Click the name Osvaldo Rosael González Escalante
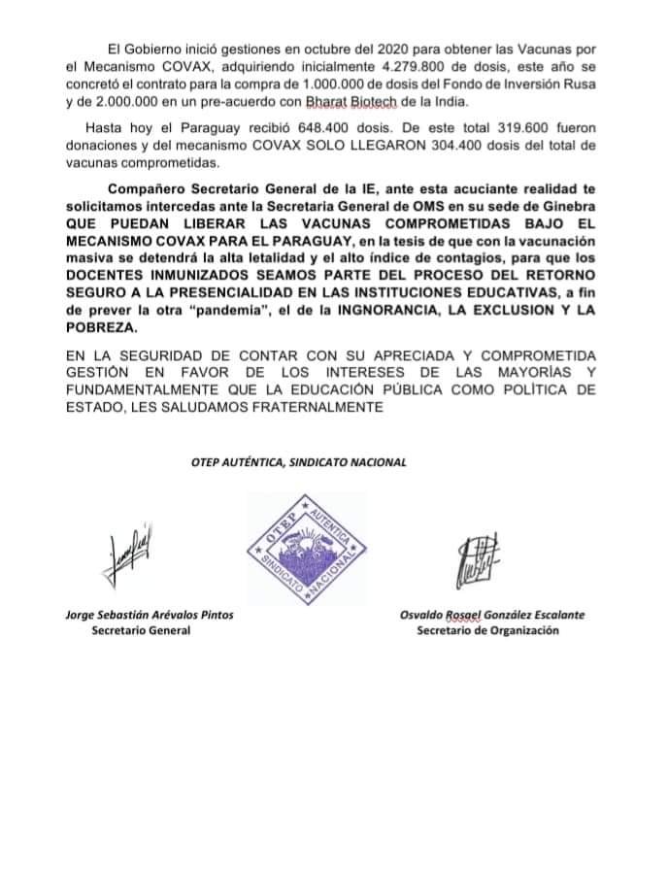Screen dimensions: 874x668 [492, 615]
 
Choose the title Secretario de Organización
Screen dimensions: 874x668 [488, 630]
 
